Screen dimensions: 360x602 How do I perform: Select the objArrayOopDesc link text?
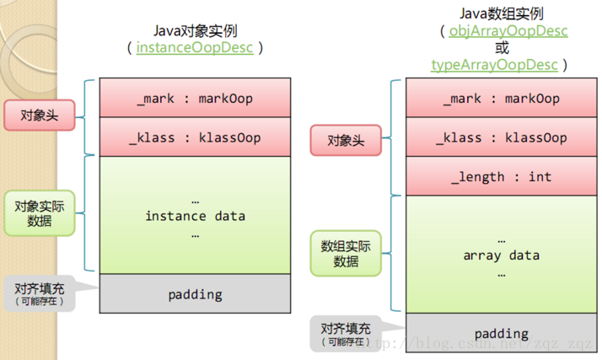point(497,31)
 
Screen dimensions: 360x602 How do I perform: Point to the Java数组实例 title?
point(497,13)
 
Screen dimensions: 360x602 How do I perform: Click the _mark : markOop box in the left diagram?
point(195,99)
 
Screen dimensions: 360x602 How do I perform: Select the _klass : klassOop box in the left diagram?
point(195,137)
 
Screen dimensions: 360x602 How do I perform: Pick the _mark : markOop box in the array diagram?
point(503,99)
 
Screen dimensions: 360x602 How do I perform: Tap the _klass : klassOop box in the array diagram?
point(503,137)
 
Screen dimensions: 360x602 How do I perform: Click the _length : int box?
point(503,177)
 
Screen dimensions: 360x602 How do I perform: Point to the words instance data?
point(195,216)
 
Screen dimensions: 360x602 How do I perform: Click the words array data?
point(503,255)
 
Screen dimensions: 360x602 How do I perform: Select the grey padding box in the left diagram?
point(195,294)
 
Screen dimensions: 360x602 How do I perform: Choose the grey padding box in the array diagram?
point(503,333)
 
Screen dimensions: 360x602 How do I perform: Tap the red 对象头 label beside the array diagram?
point(346,140)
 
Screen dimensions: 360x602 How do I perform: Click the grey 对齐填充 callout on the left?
point(40,293)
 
